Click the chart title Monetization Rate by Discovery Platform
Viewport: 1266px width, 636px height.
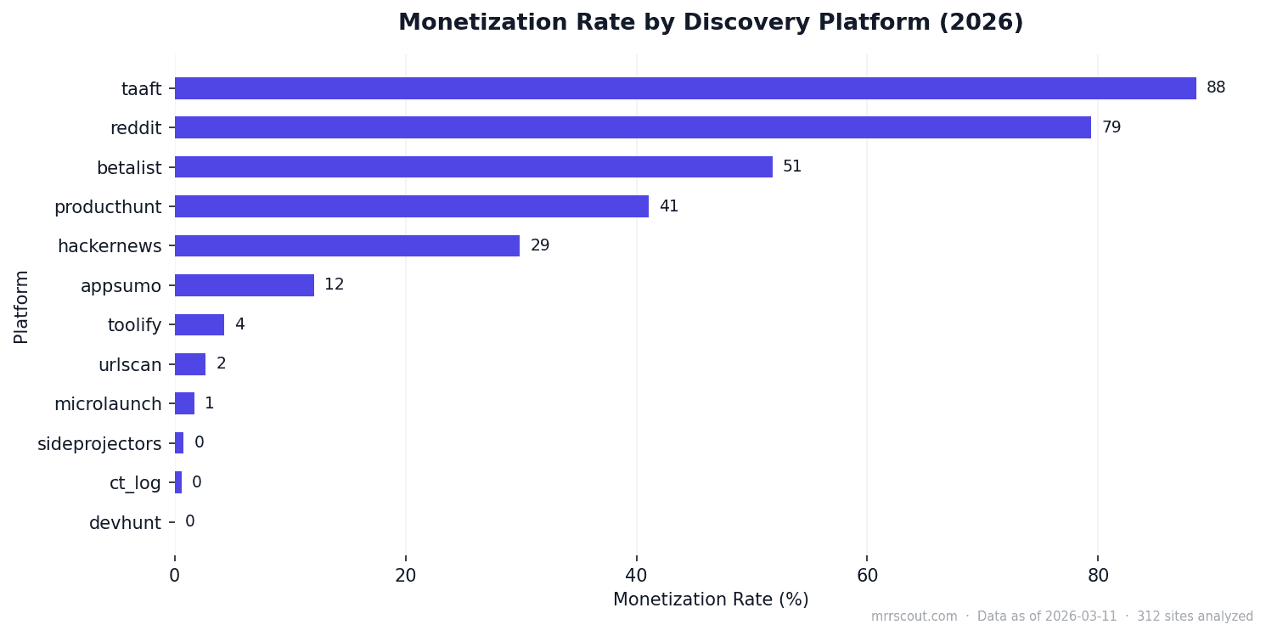tap(711, 23)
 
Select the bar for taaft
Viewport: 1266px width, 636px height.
tap(684, 88)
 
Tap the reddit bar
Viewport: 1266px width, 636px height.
tap(633, 127)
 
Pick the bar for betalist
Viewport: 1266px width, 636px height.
tap(473, 167)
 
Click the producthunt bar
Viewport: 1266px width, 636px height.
tap(411, 206)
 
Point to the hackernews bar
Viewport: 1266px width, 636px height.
tap(346, 246)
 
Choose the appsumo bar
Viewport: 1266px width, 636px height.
tap(244, 285)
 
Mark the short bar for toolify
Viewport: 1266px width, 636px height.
tap(199, 325)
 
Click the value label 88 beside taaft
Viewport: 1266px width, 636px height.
tap(1215, 87)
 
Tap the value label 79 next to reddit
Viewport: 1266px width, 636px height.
tap(1111, 127)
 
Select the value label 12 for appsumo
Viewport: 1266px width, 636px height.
tap(334, 285)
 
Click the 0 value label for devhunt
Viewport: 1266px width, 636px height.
tap(190, 521)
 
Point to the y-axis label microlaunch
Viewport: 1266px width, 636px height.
tap(108, 404)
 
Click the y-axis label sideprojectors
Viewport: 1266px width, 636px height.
tap(99, 444)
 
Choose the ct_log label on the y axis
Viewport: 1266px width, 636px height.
tap(135, 483)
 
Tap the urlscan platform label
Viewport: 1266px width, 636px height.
tap(129, 365)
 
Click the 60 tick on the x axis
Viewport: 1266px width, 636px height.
tap(867, 575)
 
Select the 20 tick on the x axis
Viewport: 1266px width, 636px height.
tap(405, 575)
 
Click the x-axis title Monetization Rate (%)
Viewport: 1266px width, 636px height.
tap(711, 599)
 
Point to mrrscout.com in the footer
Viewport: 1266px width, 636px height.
tap(914, 616)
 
